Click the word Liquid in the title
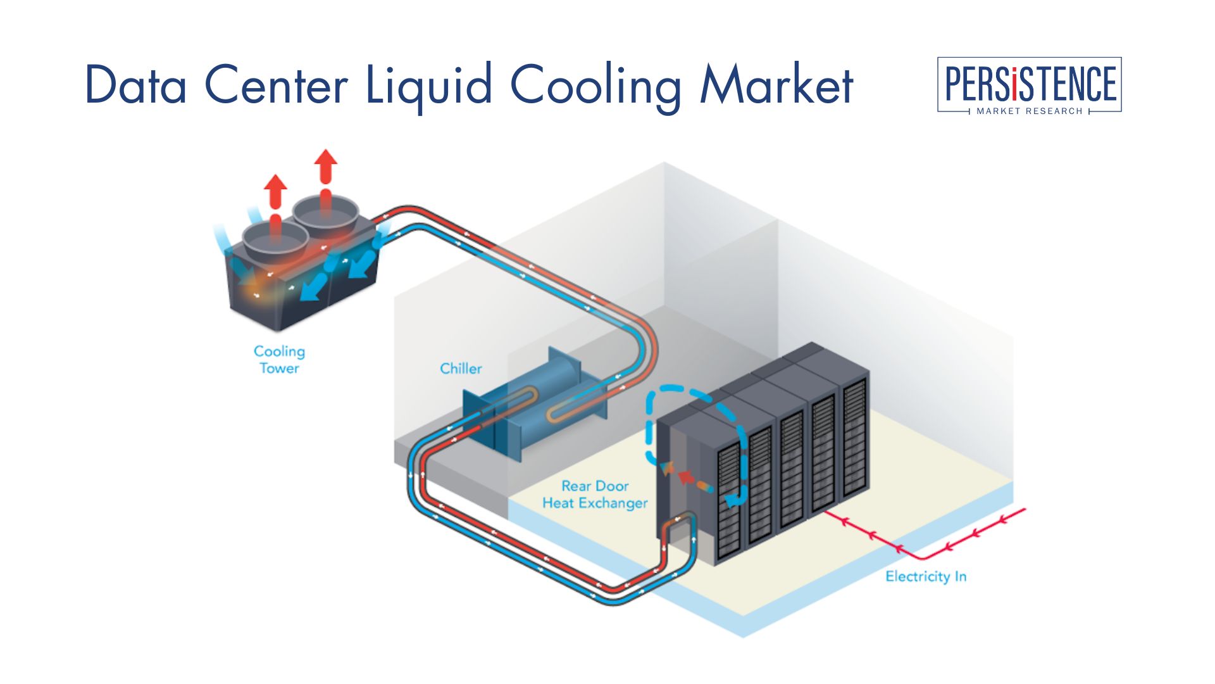click(x=428, y=85)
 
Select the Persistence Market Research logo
click(x=1029, y=85)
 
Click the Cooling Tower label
click(x=279, y=359)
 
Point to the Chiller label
click(x=461, y=369)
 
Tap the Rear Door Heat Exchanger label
click(x=595, y=495)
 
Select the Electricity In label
click(x=925, y=576)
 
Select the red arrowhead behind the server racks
click(x=685, y=476)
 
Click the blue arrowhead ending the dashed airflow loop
click(x=732, y=501)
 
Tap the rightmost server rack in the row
click(x=854, y=437)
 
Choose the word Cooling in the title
click(x=595, y=85)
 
